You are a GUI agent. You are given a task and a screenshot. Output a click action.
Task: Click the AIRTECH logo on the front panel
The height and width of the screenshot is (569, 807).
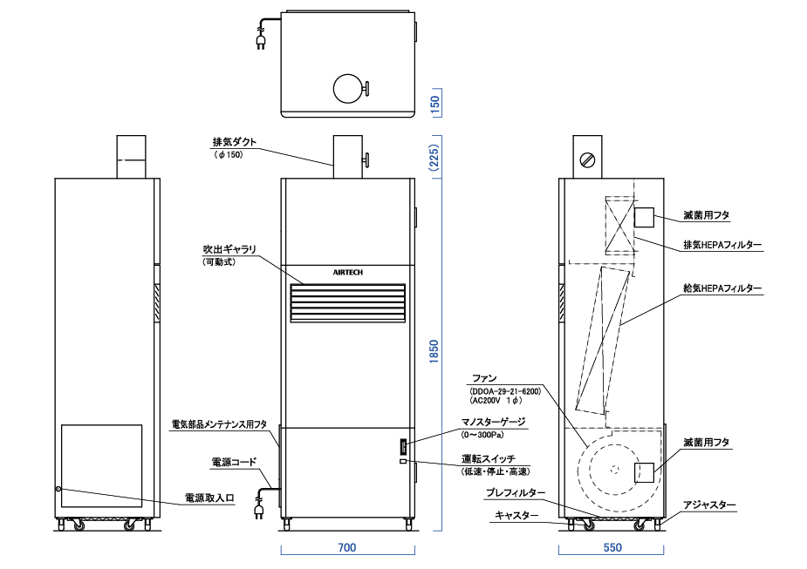(347, 273)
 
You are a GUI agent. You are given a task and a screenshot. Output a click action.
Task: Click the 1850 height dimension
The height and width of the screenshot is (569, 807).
(434, 351)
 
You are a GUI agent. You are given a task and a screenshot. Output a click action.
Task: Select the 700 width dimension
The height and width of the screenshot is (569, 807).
(347, 547)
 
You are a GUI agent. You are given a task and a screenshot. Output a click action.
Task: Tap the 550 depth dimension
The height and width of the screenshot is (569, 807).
(612, 547)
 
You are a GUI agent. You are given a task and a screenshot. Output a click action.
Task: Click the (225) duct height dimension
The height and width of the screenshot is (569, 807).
(434, 158)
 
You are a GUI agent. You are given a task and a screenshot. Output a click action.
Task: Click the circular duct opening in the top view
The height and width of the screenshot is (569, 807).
(348, 88)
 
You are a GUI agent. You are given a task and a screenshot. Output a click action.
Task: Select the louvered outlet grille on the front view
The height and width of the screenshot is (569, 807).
(347, 303)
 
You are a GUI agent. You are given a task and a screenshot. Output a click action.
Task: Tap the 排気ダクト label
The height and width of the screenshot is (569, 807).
(234, 142)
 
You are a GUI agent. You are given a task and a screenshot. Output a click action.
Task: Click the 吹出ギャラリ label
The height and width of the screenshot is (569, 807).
(229, 249)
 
